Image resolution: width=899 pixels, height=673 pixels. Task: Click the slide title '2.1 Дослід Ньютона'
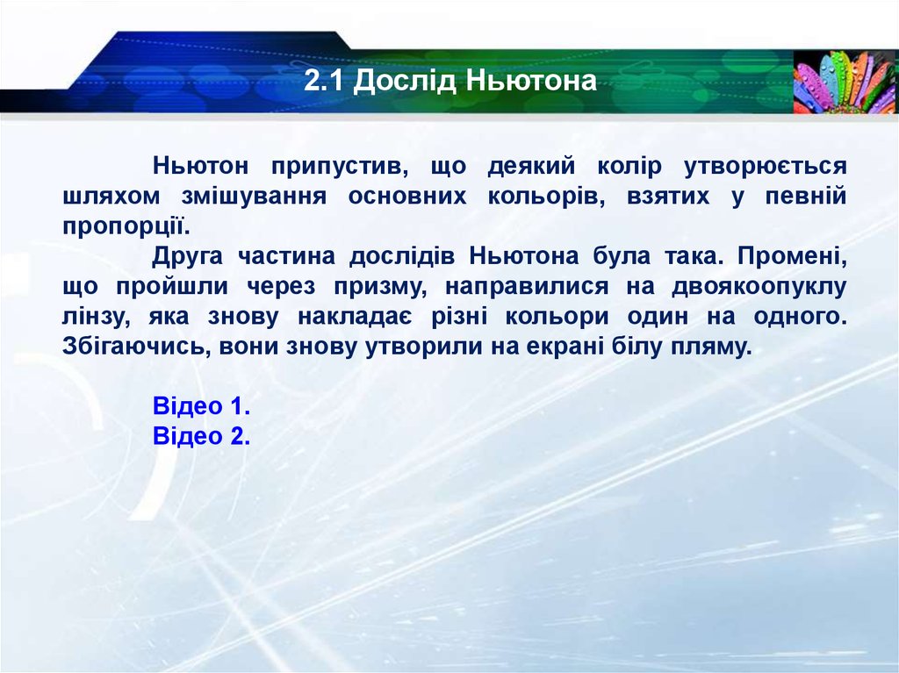(x=450, y=82)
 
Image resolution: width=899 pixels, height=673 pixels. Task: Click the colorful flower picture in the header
(x=845, y=81)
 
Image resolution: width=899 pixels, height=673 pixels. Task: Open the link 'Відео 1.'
(x=202, y=406)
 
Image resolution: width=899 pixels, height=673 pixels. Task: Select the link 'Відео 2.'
(x=202, y=436)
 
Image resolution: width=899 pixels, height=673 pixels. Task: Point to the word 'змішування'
(x=263, y=197)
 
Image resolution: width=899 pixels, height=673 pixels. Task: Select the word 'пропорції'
(x=126, y=226)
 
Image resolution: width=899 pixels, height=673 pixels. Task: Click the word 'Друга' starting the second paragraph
(x=187, y=256)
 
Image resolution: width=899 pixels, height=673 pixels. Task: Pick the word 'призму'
(x=387, y=286)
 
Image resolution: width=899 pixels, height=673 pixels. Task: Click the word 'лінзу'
(x=94, y=316)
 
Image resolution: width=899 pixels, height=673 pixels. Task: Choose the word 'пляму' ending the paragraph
(x=715, y=346)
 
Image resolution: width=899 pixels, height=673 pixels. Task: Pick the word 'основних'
(x=406, y=197)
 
